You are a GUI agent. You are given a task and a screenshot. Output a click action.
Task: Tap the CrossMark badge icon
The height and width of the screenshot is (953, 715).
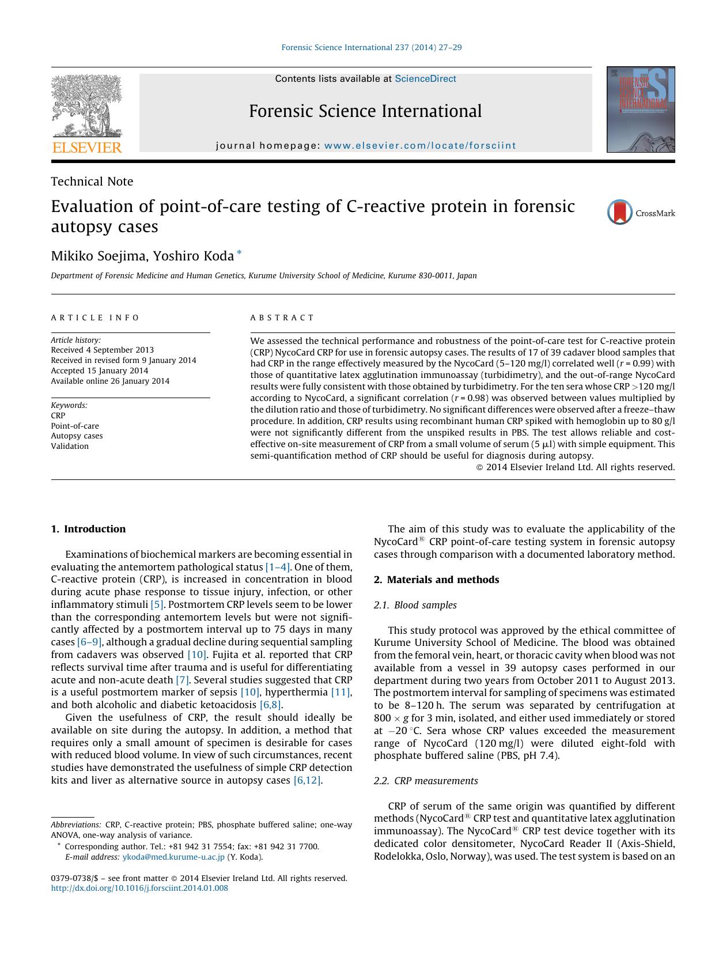click(x=620, y=213)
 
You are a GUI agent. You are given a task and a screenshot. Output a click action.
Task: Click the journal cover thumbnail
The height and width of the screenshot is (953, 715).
click(x=640, y=109)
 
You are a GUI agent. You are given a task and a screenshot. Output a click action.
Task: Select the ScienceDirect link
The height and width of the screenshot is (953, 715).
click(x=425, y=79)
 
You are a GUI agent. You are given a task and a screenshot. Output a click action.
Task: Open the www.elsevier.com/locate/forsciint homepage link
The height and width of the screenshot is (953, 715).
click(x=420, y=146)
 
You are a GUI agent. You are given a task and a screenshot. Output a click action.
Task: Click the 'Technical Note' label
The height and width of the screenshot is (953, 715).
click(x=92, y=181)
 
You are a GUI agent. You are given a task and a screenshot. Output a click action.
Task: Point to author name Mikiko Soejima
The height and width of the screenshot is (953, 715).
click(x=98, y=256)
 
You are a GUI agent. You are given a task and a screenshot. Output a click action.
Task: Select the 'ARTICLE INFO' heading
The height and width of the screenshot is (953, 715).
click(x=95, y=317)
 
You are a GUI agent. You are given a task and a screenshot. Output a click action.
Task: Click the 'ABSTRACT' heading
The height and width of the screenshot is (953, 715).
click(x=282, y=317)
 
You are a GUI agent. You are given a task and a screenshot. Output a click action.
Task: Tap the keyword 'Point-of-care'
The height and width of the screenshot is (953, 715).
click(x=75, y=426)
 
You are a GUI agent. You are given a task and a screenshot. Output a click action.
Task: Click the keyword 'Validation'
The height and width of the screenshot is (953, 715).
click(x=70, y=446)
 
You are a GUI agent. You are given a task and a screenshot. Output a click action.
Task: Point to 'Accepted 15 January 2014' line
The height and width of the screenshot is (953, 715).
click(x=99, y=370)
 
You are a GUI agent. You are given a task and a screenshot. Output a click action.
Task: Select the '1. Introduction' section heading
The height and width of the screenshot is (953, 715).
click(x=88, y=529)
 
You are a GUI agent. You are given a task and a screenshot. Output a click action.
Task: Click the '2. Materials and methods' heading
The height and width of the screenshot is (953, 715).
click(x=436, y=580)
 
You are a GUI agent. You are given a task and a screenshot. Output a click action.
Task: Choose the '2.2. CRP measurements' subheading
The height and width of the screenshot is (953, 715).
click(x=426, y=781)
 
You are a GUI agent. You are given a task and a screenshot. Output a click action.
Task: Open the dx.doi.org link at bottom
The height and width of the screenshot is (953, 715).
click(x=139, y=888)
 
